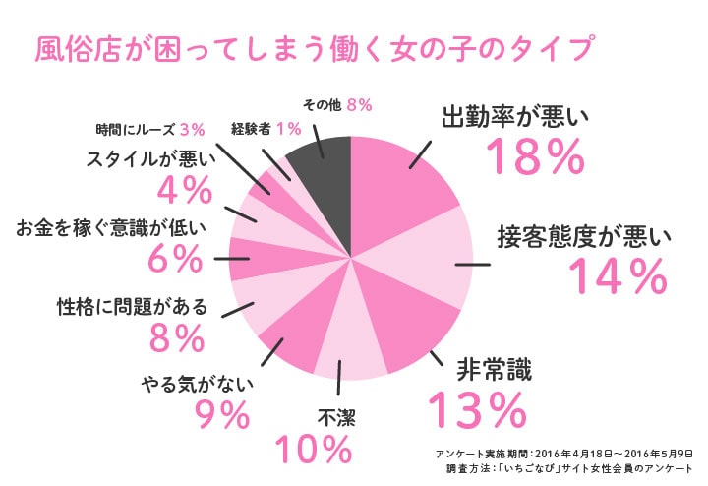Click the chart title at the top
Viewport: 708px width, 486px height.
[x=317, y=49]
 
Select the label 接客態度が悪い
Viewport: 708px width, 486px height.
[x=583, y=237]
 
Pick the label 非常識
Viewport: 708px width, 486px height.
[x=494, y=370]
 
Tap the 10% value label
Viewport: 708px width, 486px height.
[x=313, y=450]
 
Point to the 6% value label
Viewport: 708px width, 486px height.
[x=174, y=260]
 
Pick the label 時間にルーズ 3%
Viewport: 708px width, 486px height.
[x=149, y=128]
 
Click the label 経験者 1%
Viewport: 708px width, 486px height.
[x=265, y=128]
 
